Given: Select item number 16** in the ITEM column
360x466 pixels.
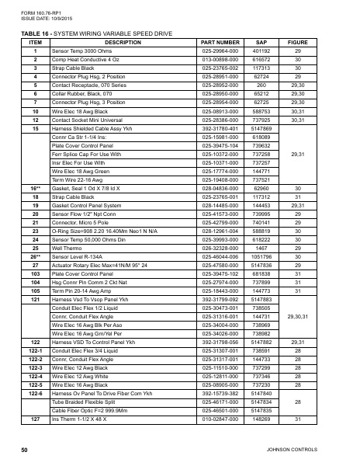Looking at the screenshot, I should pyautogui.click(x=35, y=187).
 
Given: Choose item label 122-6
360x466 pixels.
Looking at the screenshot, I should pyautogui.click(x=35, y=394).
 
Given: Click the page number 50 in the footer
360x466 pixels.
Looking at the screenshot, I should pyautogui.click(x=25, y=449).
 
